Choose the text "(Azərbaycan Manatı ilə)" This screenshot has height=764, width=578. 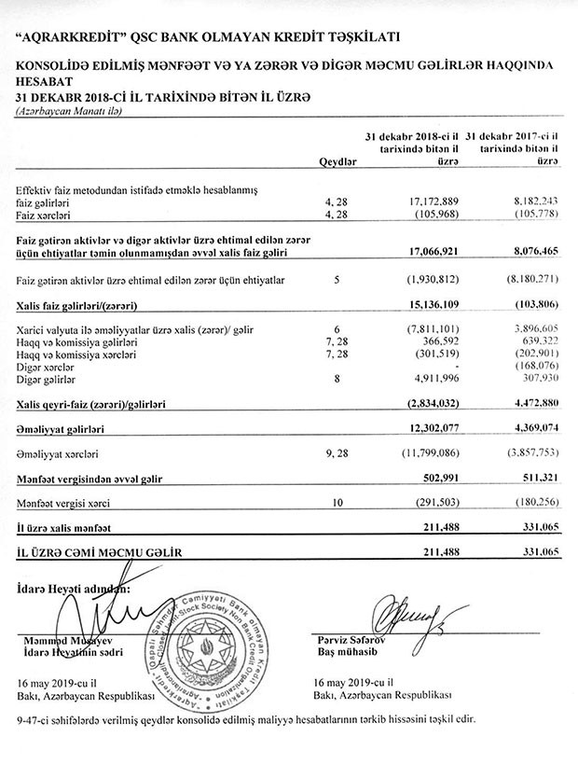tap(67, 112)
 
